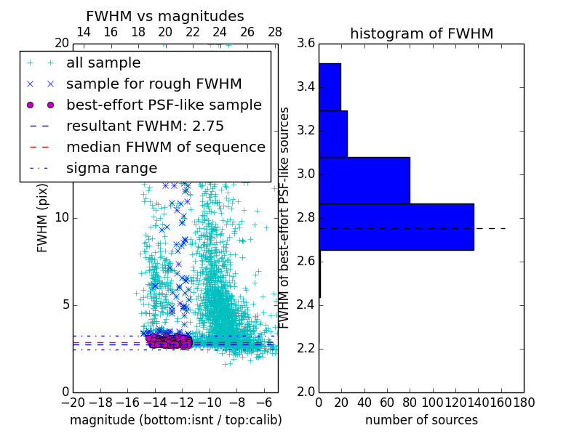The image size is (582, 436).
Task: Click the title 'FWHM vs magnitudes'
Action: (x=164, y=16)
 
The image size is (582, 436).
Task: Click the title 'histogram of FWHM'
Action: (x=421, y=33)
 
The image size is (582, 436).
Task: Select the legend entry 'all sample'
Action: (x=103, y=63)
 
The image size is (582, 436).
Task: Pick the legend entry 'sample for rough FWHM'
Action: (x=154, y=84)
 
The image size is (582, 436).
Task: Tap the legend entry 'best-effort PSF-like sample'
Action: (x=164, y=105)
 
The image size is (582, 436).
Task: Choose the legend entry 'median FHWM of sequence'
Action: (x=165, y=147)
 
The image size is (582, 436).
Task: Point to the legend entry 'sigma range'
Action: (x=111, y=168)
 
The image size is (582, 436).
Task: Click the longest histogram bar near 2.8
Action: (x=396, y=227)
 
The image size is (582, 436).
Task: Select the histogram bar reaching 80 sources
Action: (x=364, y=180)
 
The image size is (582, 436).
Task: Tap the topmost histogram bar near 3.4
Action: (x=330, y=86)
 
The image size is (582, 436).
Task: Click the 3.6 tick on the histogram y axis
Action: (x=306, y=43)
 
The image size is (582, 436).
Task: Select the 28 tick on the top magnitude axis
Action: (x=275, y=32)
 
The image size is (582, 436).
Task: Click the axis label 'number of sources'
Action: (x=421, y=420)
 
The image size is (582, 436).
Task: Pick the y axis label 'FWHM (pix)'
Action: (x=43, y=217)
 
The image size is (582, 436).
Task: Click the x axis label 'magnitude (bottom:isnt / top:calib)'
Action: (x=175, y=420)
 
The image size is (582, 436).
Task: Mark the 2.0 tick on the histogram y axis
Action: (x=306, y=392)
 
